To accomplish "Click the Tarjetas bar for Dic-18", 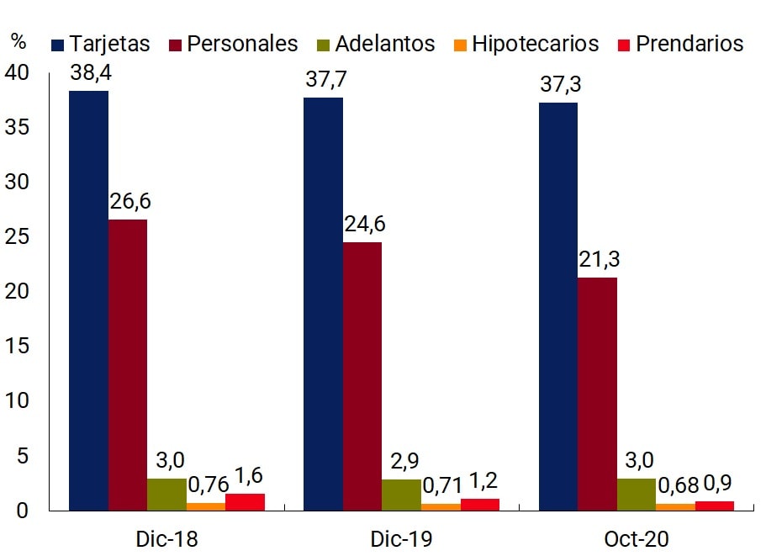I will click(88, 300).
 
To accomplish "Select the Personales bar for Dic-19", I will click(362, 376).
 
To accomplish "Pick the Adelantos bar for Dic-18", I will click(166, 495).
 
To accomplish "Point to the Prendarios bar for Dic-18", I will click(245, 502).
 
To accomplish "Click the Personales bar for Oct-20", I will click(597, 394).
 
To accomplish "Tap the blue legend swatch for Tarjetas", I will click(58, 45).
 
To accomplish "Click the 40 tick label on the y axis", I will click(18, 74).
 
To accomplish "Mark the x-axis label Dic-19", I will click(401, 537).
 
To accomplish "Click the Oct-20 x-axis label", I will click(636, 537).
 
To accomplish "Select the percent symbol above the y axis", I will click(18, 40).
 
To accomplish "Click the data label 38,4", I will click(91, 74).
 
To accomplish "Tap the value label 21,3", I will click(599, 261).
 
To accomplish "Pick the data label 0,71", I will click(440, 485).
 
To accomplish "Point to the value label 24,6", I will click(363, 225).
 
